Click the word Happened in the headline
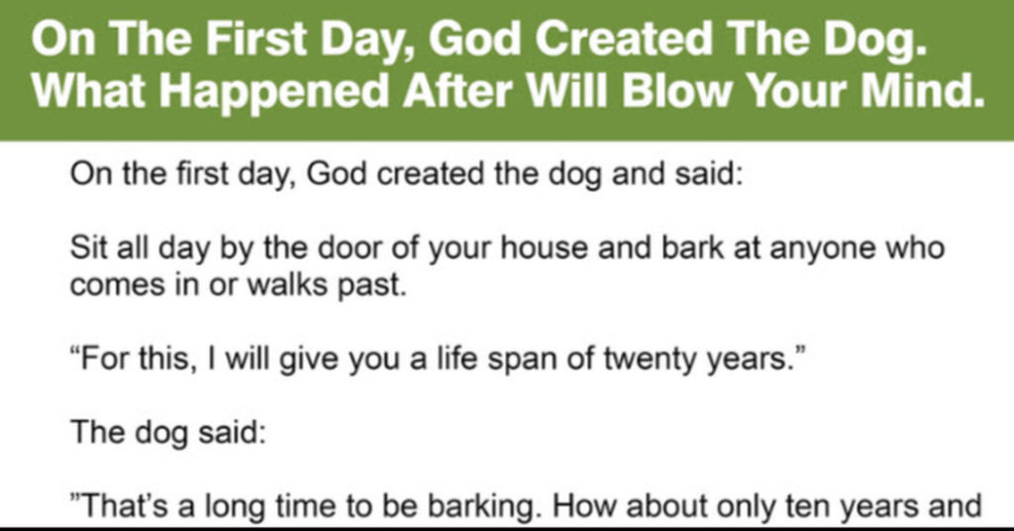pyautogui.click(x=273, y=90)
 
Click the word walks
pyautogui.click(x=288, y=284)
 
